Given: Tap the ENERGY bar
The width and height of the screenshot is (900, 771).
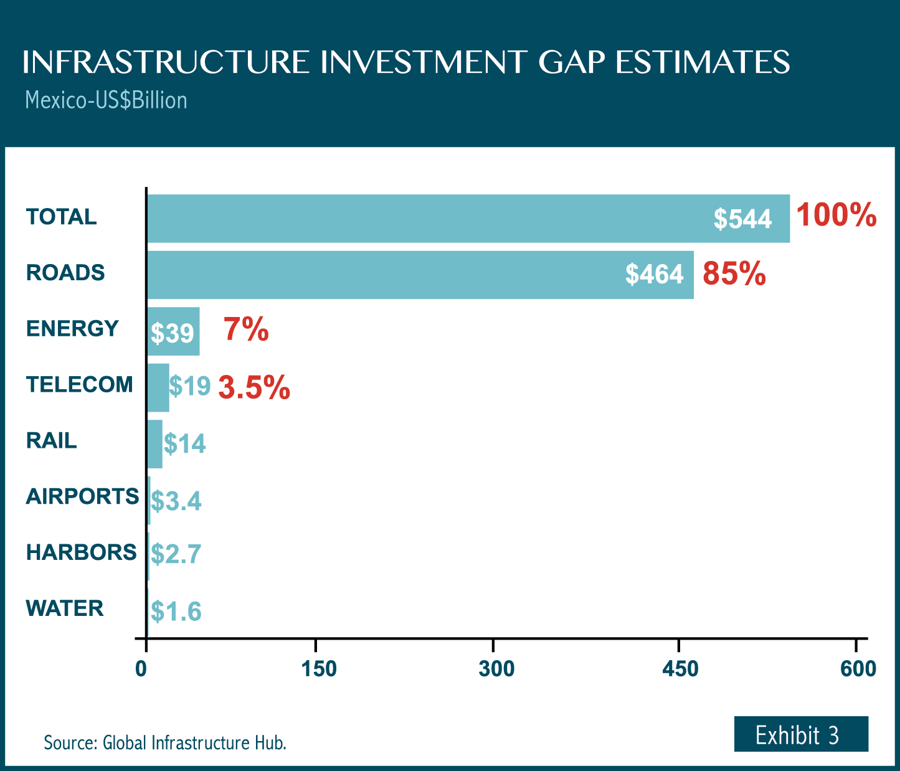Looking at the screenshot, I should click(173, 331).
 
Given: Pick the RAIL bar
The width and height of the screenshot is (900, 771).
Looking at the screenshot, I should click(154, 443).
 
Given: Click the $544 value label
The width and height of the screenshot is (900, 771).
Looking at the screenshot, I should click(742, 219).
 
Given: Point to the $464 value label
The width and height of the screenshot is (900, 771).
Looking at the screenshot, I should click(654, 275).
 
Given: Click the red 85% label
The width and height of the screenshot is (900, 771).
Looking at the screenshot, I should click(734, 273).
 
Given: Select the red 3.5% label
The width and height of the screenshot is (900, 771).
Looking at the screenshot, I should click(254, 387).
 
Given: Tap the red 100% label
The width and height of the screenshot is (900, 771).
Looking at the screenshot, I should click(836, 215).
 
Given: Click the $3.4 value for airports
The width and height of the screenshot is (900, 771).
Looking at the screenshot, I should click(176, 501).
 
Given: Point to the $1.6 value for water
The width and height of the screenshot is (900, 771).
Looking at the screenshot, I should click(176, 612).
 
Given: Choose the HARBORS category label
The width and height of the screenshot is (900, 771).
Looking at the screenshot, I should click(81, 552).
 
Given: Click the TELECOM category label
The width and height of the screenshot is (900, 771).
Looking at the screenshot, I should click(79, 385).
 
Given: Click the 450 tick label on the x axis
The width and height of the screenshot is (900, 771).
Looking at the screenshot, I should click(680, 669).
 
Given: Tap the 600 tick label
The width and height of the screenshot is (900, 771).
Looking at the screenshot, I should click(858, 669).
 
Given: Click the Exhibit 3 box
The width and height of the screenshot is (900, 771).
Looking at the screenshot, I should click(801, 734).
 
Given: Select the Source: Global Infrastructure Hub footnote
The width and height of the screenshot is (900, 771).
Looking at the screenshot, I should click(165, 742).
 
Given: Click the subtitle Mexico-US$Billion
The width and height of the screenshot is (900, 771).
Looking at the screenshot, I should click(106, 100).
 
